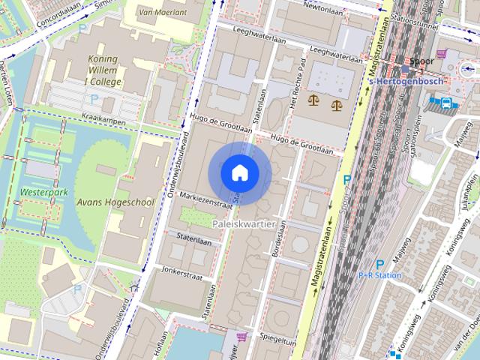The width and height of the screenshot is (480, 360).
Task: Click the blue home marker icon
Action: (239, 172)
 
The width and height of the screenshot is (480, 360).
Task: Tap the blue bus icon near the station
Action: (446, 103)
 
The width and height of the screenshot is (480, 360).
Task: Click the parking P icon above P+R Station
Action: (379, 264)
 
